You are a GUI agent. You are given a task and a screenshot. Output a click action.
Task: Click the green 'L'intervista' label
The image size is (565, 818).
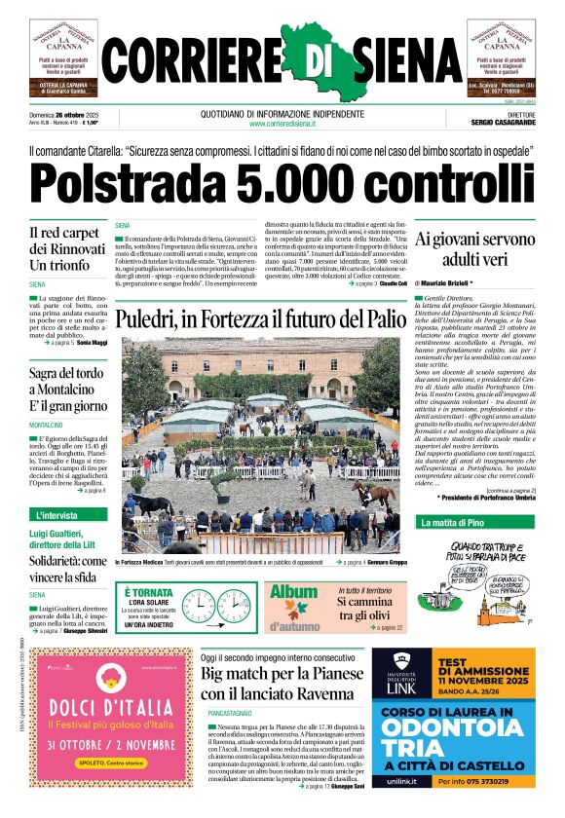click(60, 513)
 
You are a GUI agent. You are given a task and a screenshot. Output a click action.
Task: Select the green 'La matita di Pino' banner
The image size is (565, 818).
click(454, 523)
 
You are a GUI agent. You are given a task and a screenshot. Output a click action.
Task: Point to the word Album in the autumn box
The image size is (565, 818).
click(293, 592)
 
